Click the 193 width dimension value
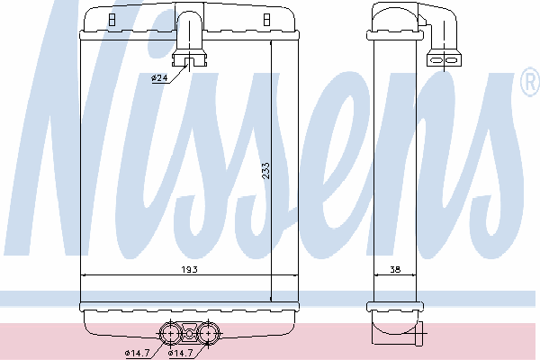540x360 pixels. (189, 269)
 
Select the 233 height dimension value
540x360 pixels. (265, 171)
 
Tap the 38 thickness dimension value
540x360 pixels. (395, 269)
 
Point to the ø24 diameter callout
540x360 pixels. (159, 78)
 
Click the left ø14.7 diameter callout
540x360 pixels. (137, 353)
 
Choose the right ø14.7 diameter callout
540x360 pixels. (180, 353)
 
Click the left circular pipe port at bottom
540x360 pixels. (170, 334)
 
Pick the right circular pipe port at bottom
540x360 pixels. (209, 334)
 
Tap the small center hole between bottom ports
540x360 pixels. (189, 334)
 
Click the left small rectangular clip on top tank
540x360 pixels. (112, 20)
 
